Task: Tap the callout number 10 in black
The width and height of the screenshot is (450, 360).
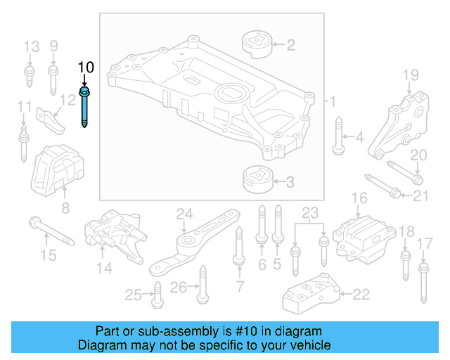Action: (85, 67)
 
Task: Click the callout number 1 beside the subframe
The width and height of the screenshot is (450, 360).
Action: (333, 101)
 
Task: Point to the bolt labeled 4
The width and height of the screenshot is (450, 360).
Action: (338, 136)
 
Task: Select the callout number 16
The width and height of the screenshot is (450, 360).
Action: (359, 199)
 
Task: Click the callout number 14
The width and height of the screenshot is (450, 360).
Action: (104, 267)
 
